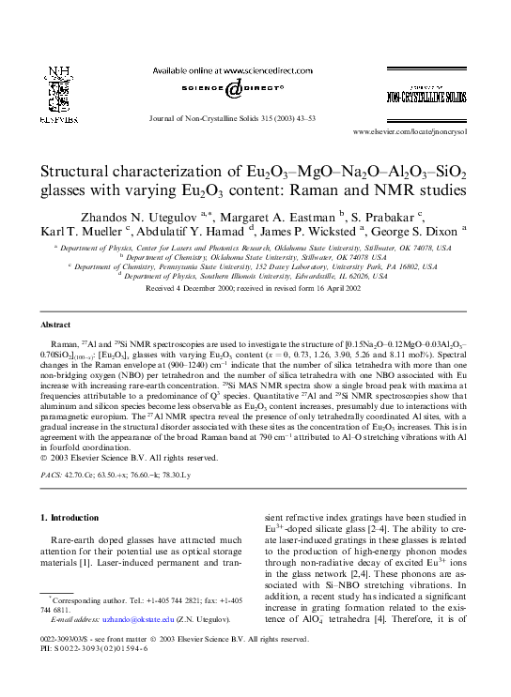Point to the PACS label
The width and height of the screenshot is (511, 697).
click(x=53, y=477)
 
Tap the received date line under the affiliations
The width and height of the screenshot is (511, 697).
click(x=255, y=288)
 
